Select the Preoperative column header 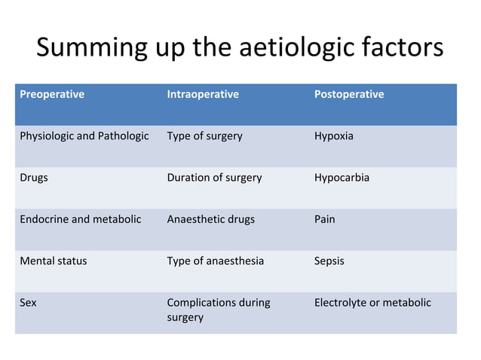tap(51, 95)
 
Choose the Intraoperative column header tap(203, 95)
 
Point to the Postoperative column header tap(349, 95)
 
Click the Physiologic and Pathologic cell tap(84, 136)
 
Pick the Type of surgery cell tap(204, 136)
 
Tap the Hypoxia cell tap(333, 136)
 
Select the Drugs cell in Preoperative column tap(34, 178)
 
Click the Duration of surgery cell tap(214, 178)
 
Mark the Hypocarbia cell tap(342, 178)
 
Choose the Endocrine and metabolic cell tap(80, 219)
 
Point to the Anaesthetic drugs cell tap(210, 219)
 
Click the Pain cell tap(325, 219)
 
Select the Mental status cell tap(53, 261)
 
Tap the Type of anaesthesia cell tap(215, 261)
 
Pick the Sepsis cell tap(329, 261)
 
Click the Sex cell tap(28, 303)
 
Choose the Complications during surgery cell tap(218, 310)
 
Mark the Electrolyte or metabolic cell tap(372, 303)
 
